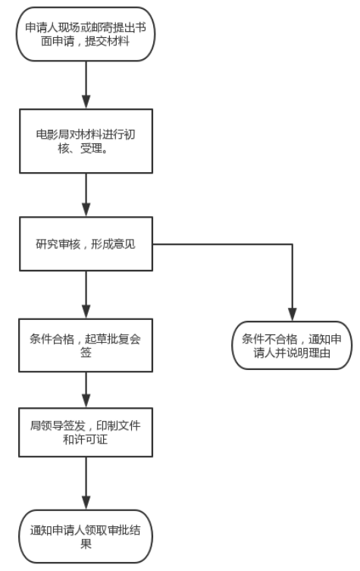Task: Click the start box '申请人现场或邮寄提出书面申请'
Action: [86, 34]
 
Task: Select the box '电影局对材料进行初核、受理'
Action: [86, 141]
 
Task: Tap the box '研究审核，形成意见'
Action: [86, 244]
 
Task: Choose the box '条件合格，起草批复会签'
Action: [86, 345]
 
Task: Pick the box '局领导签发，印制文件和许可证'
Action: [86, 432]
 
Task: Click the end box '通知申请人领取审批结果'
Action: [86, 536]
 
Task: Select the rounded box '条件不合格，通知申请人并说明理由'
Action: [292, 345]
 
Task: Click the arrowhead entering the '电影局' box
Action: [86, 102]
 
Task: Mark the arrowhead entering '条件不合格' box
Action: [293, 314]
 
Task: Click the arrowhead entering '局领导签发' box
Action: [86, 401]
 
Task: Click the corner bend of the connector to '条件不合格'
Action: [293, 244]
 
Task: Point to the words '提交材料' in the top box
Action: [108, 41]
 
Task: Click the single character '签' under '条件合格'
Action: [86, 353]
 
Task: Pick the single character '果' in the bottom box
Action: [86, 544]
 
